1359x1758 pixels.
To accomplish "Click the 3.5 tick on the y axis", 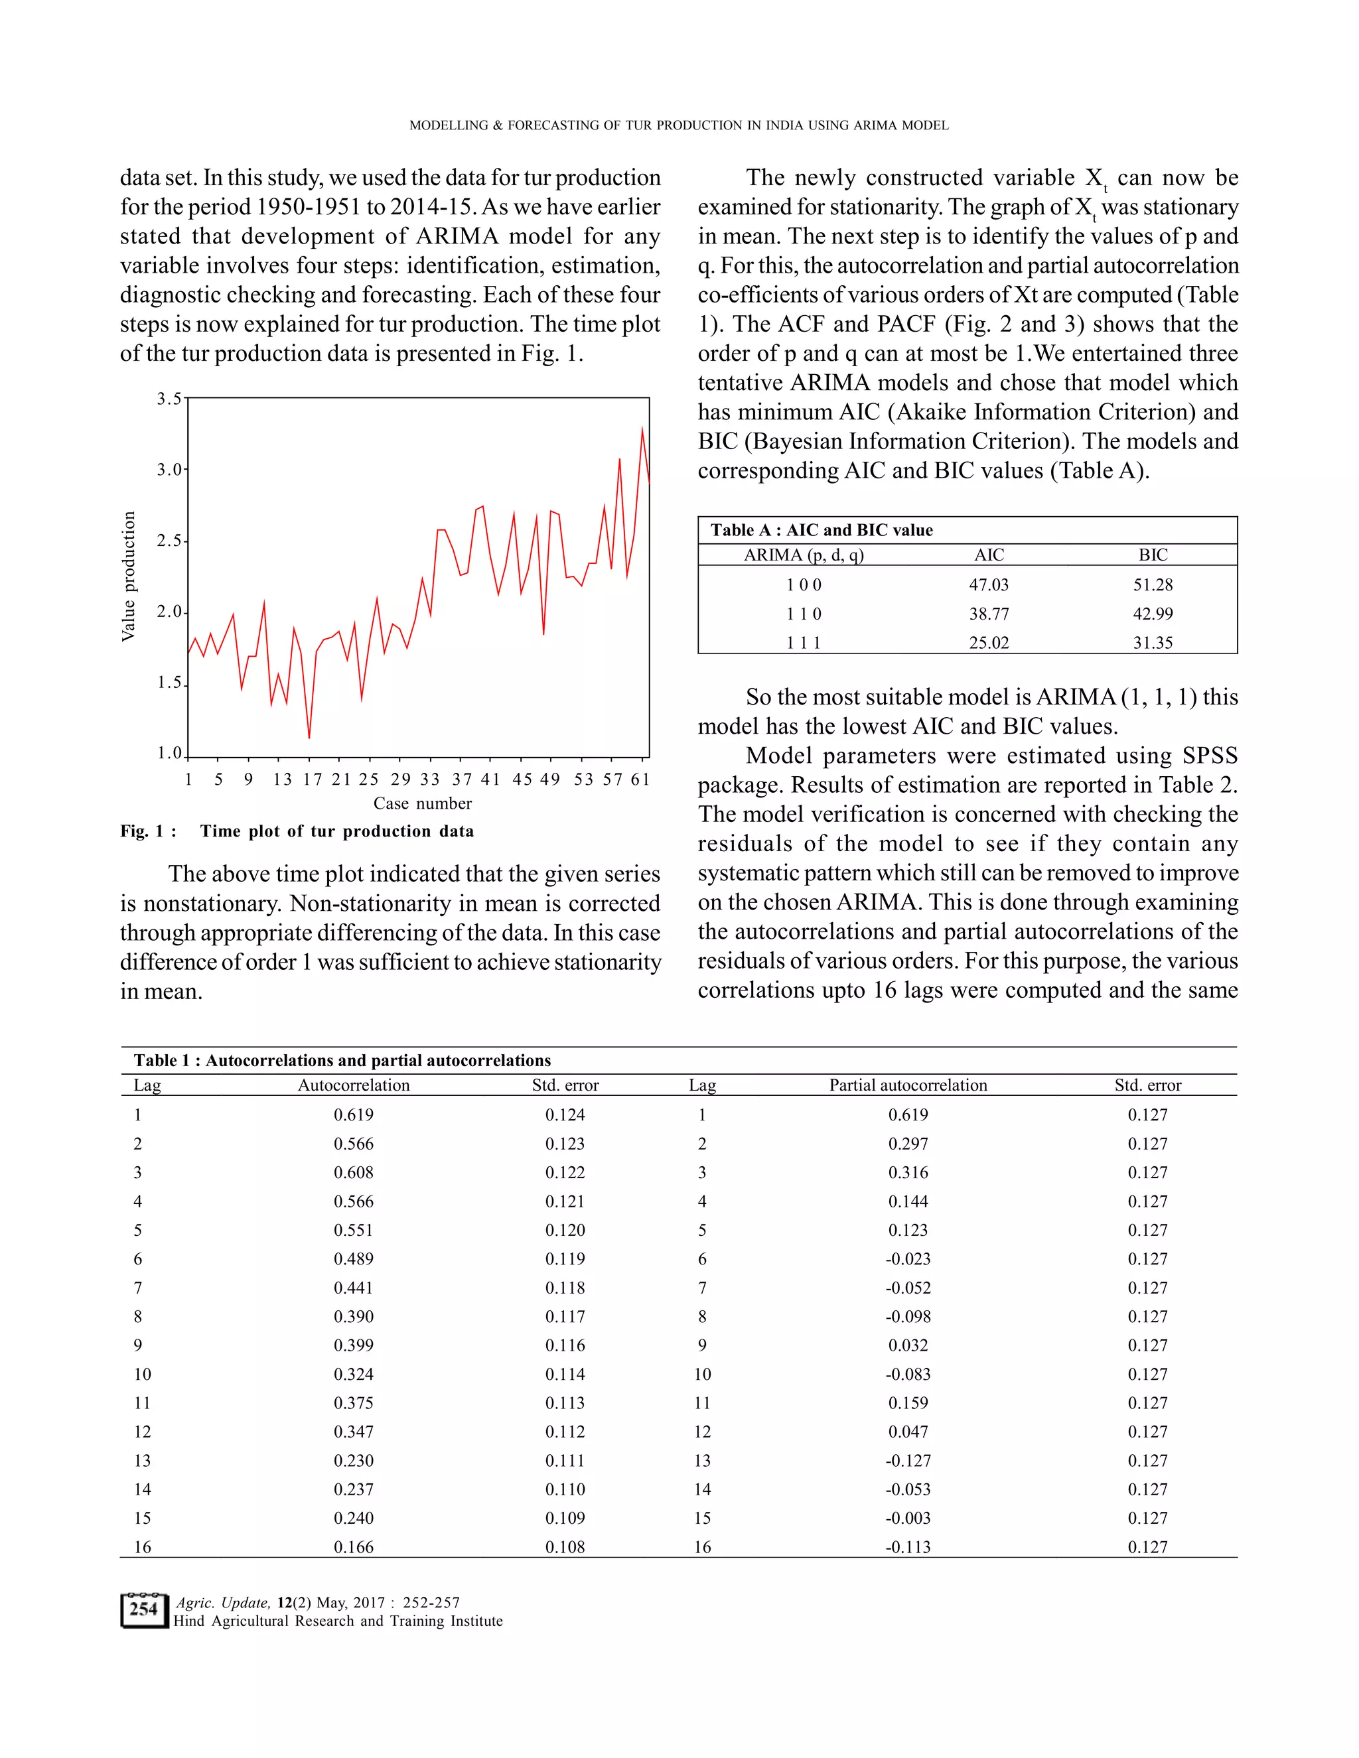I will coord(170,399).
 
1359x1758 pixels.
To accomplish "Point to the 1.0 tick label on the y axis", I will coord(170,754).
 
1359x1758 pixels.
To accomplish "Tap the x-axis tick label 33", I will coord(430,779).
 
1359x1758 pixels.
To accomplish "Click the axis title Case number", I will coord(423,803).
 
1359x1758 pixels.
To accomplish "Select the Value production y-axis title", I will coord(128,576).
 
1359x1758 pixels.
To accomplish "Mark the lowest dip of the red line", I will coord(309,737).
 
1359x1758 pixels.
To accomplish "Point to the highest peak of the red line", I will coord(642,429).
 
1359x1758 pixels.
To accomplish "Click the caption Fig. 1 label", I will coord(148,831).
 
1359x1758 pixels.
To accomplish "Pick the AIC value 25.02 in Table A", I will coord(989,642).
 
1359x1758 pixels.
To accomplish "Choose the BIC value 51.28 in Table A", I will coord(1153,584).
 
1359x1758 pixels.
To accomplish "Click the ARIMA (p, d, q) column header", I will coord(804,555).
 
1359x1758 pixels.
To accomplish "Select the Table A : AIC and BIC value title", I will coord(822,529).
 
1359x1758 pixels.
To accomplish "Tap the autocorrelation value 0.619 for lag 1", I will coord(354,1115).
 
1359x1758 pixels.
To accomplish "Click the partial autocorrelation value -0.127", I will coord(908,1460).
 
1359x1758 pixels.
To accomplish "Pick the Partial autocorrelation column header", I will coord(908,1085).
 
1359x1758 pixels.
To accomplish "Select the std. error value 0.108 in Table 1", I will coord(565,1546).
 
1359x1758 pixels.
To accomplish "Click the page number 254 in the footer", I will coord(143,1609).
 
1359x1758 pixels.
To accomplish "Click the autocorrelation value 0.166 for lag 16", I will coord(354,1546).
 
